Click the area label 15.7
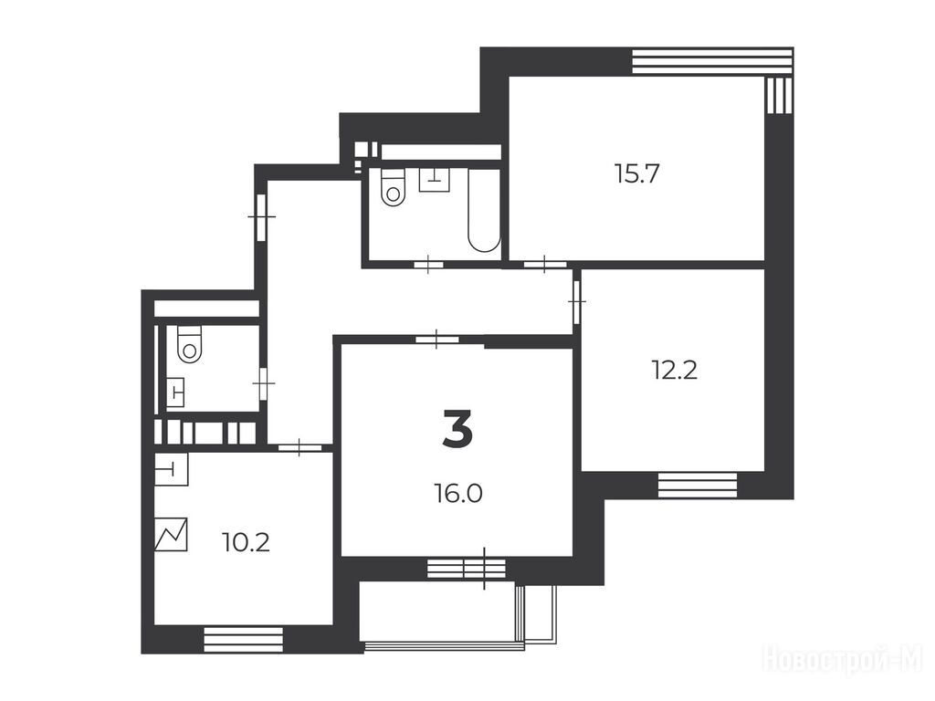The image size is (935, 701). tap(636, 174)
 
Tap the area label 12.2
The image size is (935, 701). tap(675, 371)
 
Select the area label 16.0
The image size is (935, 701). tap(458, 494)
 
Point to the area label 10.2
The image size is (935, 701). tap(246, 542)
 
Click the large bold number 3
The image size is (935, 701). tap(458, 429)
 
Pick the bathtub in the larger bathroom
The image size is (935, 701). tap(484, 210)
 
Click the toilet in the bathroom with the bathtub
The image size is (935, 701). tap(393, 187)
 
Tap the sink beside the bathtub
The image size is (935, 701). tap(434, 180)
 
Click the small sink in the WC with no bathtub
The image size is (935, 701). tap(175, 392)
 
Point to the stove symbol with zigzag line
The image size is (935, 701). tap(171, 534)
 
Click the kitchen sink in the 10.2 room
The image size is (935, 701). tap(171, 470)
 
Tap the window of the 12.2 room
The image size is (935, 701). tap(697, 485)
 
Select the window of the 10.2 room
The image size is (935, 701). tap(243, 639)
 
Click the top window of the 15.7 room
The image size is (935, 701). tap(712, 61)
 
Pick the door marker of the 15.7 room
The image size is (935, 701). tap(545, 264)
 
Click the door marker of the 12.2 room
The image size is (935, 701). tap(577, 302)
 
